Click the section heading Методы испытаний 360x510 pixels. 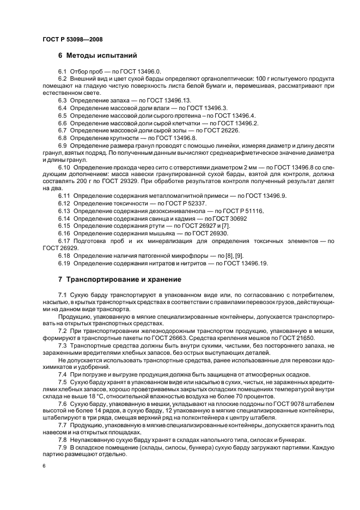click(97, 56)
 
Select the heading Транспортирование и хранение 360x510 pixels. click(124, 280)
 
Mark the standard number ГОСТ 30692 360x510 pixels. click(225, 217)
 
